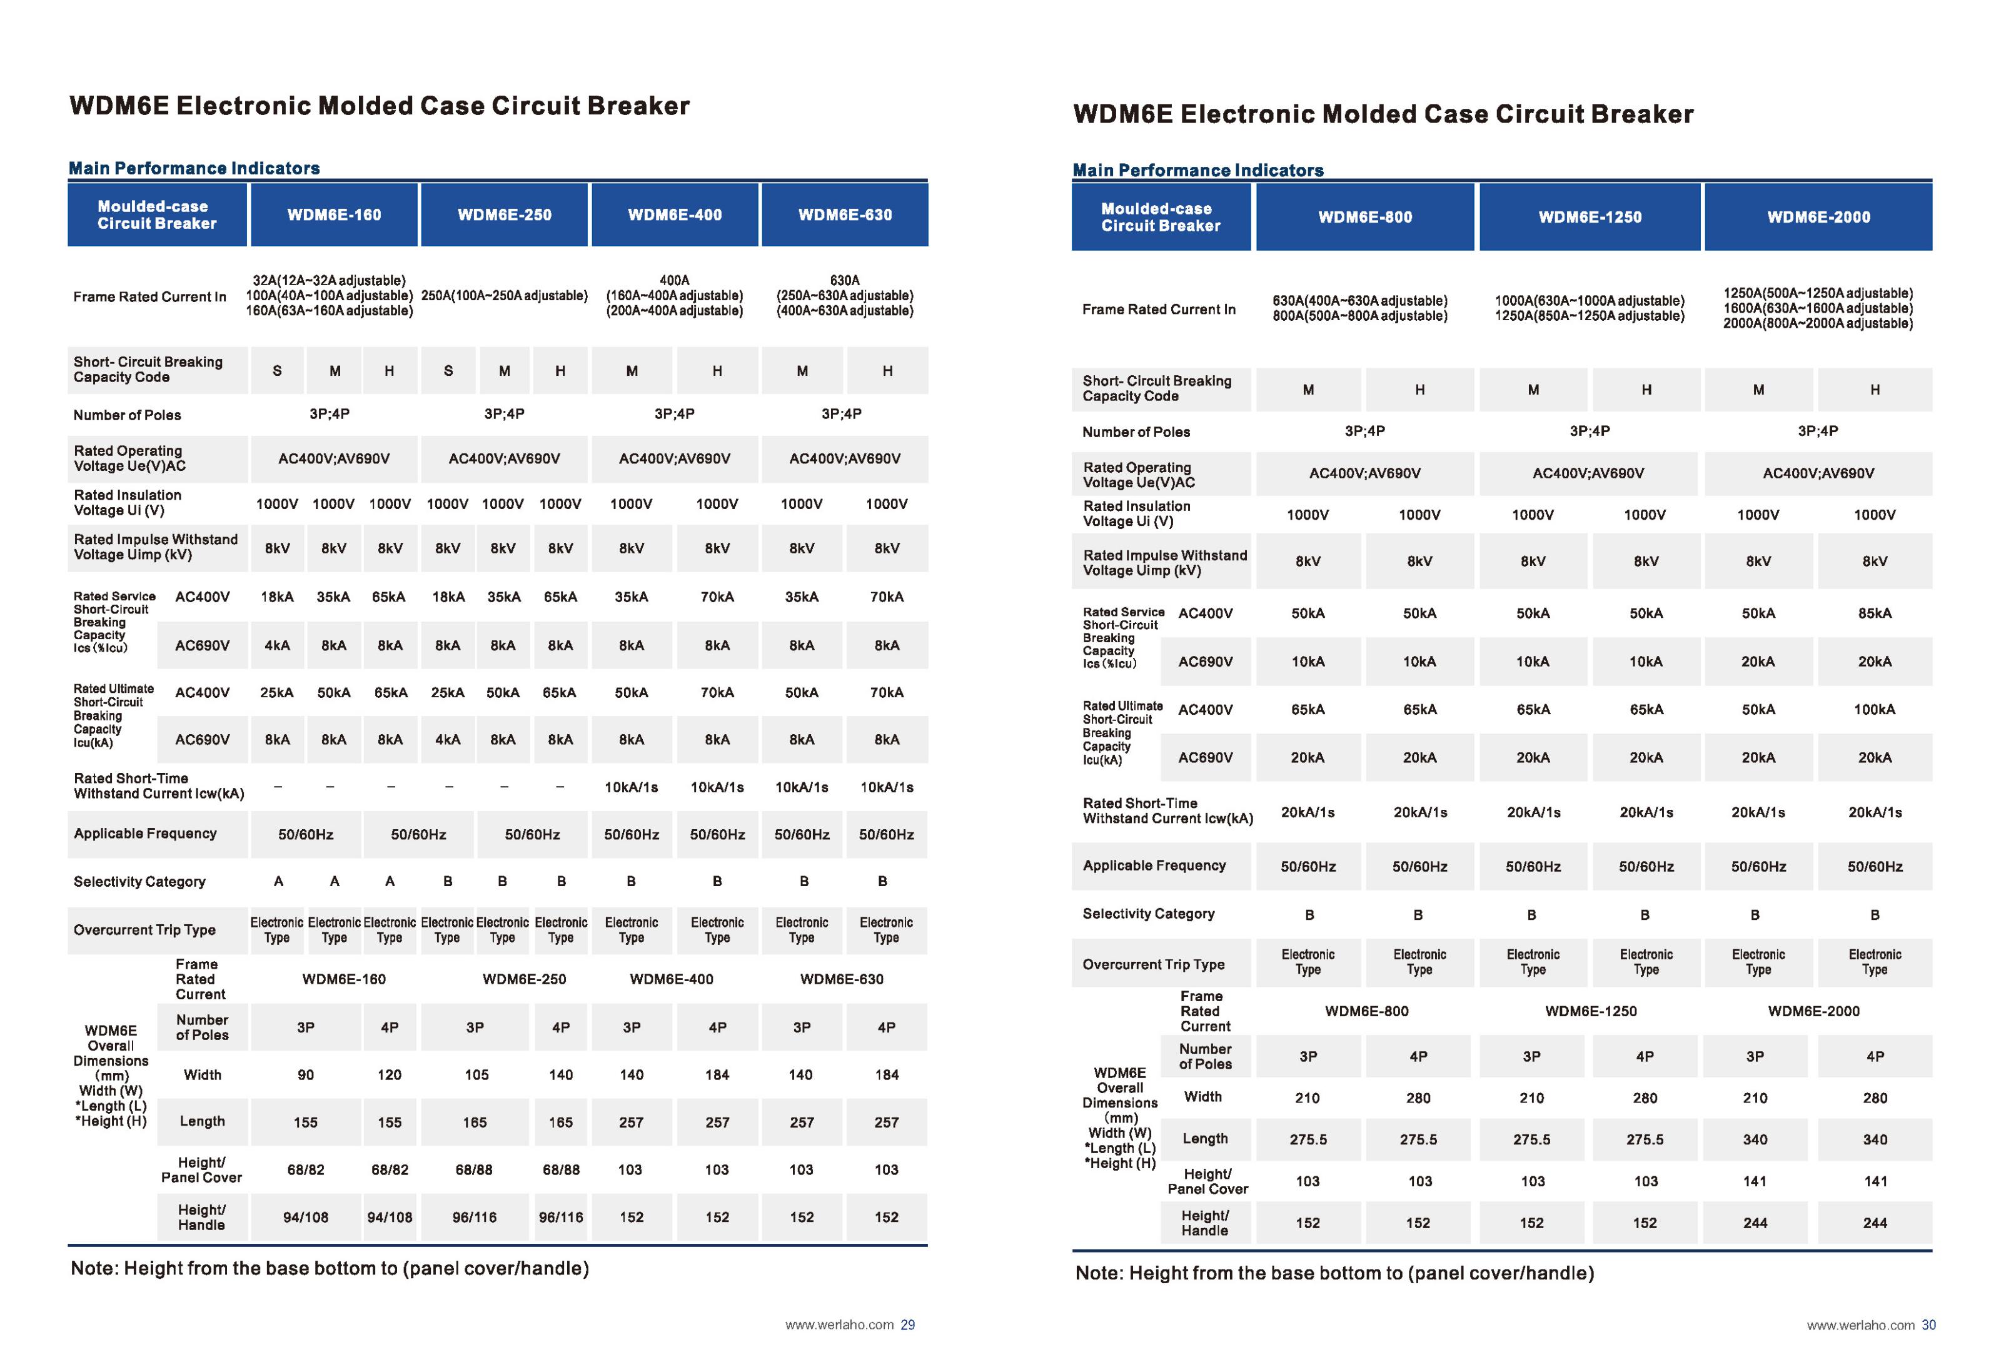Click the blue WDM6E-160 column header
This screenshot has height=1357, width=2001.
[334, 214]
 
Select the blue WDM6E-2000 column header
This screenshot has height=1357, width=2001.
[1818, 217]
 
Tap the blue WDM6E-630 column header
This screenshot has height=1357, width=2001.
[845, 214]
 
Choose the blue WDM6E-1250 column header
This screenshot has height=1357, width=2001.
[1590, 217]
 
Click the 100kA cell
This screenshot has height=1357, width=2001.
[1875, 710]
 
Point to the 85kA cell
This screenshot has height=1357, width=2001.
[1875, 613]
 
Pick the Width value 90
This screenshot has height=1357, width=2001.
[306, 1074]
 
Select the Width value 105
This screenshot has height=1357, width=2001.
[476, 1074]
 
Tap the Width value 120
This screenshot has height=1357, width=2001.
[389, 1074]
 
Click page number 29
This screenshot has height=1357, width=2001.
[907, 1324]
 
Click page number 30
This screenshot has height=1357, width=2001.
[1928, 1324]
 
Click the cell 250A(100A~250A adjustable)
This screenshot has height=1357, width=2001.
[505, 295]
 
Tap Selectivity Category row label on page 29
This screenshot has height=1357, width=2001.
[139, 882]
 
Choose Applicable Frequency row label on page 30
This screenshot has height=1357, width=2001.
[1154, 865]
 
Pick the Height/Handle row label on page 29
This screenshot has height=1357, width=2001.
[201, 1218]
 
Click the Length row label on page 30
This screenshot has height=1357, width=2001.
[1204, 1138]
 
